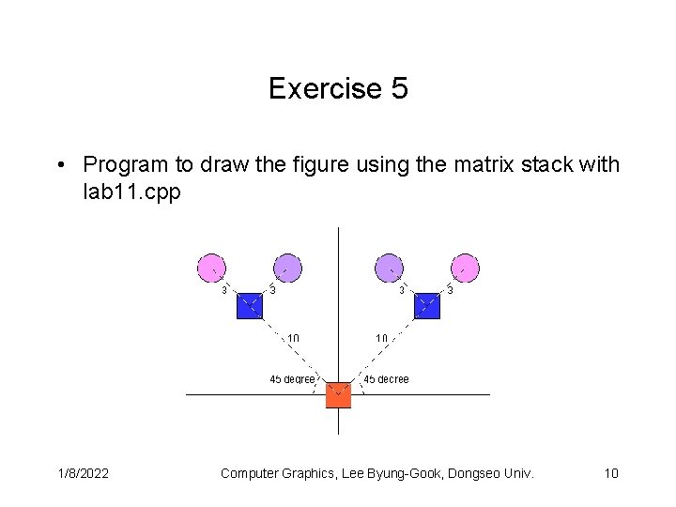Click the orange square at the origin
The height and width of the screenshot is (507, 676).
click(338, 394)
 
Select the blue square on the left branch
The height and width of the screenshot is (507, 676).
click(249, 306)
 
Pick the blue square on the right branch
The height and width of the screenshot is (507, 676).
click(427, 306)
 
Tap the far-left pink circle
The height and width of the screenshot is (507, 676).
click(211, 268)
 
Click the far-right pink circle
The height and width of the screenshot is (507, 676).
click(465, 268)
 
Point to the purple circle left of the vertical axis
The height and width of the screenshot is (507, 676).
click(287, 268)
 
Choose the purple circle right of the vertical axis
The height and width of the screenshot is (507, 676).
click(389, 268)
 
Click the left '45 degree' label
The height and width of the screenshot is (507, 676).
click(292, 379)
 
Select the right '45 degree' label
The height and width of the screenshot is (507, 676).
click(386, 379)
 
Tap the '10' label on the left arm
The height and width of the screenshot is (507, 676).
click(293, 338)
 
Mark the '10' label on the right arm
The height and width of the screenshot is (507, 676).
click(382, 338)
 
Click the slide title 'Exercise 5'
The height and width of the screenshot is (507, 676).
click(338, 89)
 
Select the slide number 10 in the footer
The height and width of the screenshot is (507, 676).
click(611, 473)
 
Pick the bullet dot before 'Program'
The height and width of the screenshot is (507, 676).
click(60, 166)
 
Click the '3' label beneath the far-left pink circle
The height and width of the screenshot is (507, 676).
click(223, 290)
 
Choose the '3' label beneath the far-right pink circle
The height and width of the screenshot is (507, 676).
click(451, 290)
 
